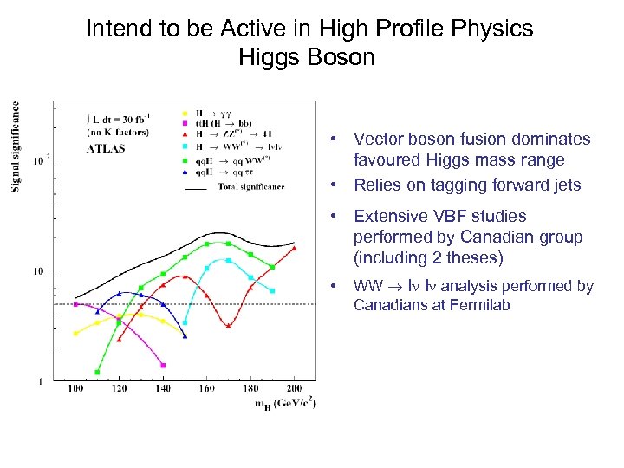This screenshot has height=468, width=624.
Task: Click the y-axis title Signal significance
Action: [x=16, y=147]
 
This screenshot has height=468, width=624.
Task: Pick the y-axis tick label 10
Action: [x=38, y=271]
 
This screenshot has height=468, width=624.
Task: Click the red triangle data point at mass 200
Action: [x=295, y=249]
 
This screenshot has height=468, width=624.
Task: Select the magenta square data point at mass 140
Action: [x=163, y=366]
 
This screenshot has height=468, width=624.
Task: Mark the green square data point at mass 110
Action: [x=97, y=372]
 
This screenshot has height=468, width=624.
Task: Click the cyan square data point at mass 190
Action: [x=272, y=291]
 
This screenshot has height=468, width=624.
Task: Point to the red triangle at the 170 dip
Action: [x=228, y=326]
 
